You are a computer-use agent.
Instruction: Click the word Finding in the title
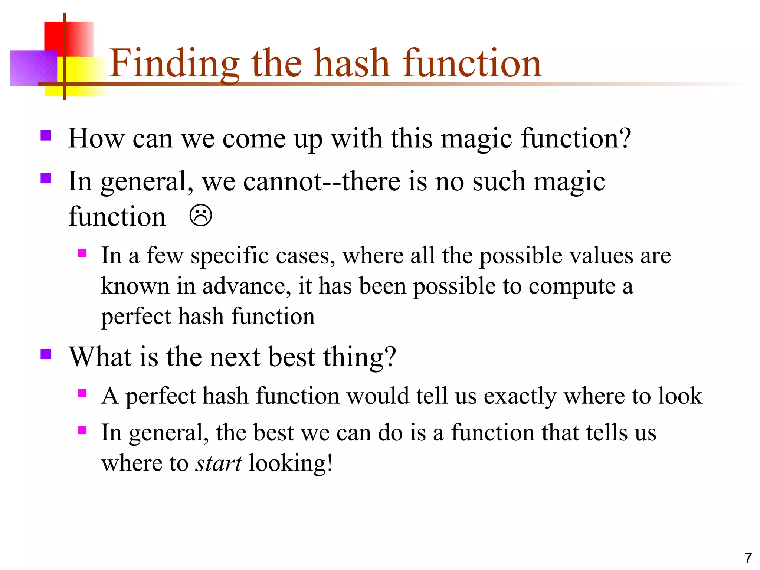[174, 64]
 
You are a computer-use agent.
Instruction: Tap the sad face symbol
[201, 216]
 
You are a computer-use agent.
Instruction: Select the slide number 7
[748, 558]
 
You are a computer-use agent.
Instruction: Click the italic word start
[219, 463]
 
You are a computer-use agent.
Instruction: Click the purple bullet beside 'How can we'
[46, 135]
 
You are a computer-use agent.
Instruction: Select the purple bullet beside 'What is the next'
[46, 354]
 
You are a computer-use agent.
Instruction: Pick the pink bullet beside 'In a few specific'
[82, 253]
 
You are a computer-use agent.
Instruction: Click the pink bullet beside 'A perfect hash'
[82, 393]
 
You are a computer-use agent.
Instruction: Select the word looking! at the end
[291, 463]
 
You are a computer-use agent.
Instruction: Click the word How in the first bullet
[96, 138]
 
